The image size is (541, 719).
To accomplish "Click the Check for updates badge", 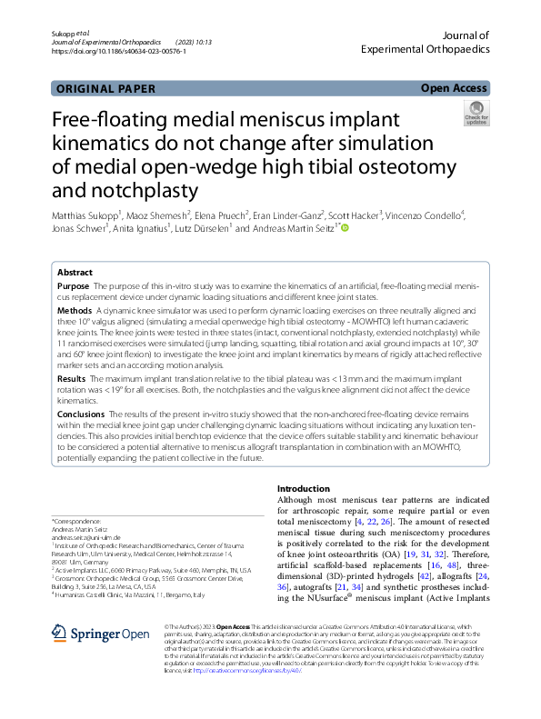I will click(476, 114).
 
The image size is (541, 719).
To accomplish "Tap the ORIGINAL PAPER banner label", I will click(106, 89).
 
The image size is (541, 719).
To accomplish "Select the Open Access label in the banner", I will click(454, 88).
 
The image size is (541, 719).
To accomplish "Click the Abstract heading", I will click(75, 273).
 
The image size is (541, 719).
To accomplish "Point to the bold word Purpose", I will click(74, 285).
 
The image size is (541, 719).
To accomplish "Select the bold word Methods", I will click(75, 311).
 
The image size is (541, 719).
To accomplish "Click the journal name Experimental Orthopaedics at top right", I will click(425, 48).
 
